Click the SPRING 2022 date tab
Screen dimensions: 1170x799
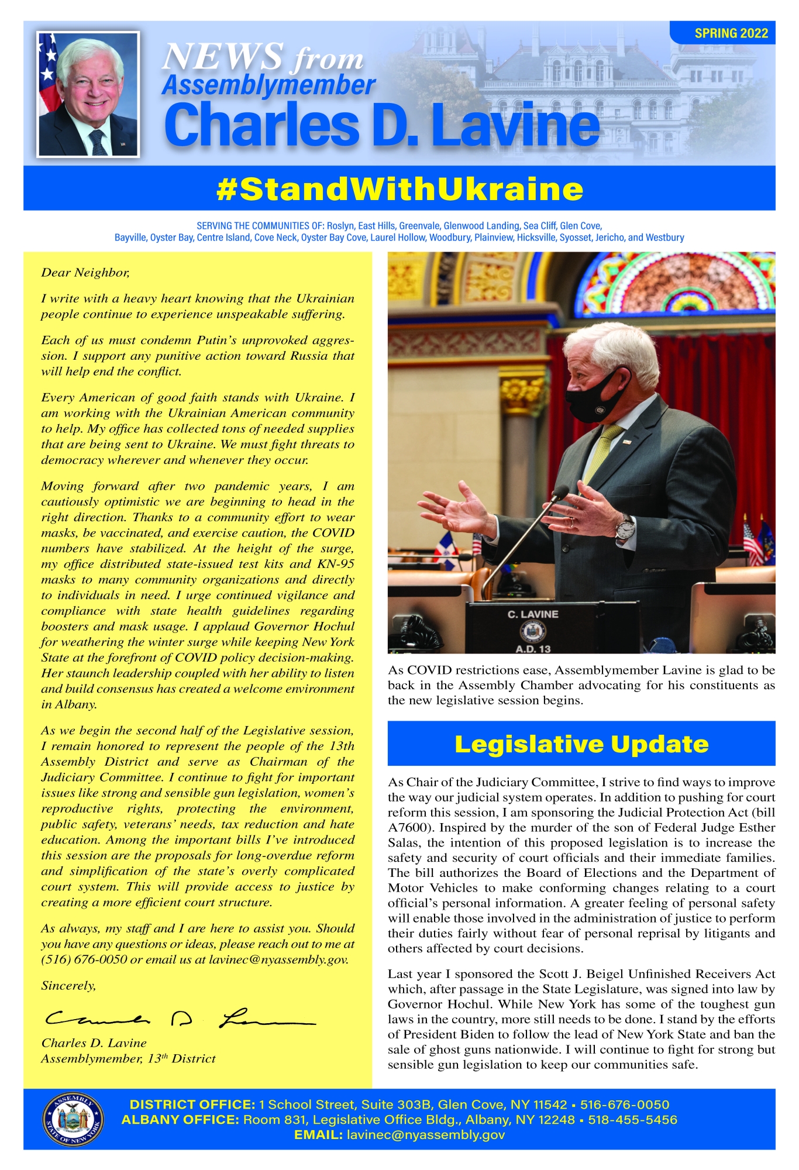pyautogui.click(x=731, y=33)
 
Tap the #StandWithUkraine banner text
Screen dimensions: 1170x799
pyautogui.click(x=399, y=189)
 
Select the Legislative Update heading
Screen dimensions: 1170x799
pyautogui.click(x=581, y=744)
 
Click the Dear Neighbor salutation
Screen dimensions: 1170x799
pyautogui.click(x=85, y=273)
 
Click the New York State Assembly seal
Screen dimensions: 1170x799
pyautogui.click(x=73, y=1119)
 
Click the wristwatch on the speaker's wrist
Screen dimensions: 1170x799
pyautogui.click(x=625, y=528)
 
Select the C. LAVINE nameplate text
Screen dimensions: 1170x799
pyautogui.click(x=533, y=614)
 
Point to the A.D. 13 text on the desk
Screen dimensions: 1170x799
pyautogui.click(x=533, y=649)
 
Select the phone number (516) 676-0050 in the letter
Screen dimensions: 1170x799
pyautogui.click(x=84, y=959)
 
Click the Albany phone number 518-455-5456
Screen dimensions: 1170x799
pyautogui.click(x=632, y=1120)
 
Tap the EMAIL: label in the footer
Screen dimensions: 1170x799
pyautogui.click(x=318, y=1135)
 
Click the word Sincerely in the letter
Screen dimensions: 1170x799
pyautogui.click(x=68, y=986)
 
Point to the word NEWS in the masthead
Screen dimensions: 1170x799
pyautogui.click(x=222, y=57)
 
